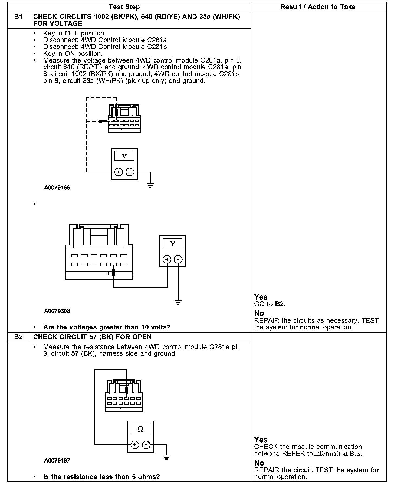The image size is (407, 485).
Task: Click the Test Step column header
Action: [x=124, y=7]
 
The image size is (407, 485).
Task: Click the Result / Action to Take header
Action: [x=318, y=7]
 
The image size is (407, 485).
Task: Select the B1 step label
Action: [x=18, y=17]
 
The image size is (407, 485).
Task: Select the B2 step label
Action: [x=18, y=337]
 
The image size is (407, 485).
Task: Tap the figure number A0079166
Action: [x=57, y=188]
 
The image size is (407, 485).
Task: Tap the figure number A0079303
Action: [x=57, y=311]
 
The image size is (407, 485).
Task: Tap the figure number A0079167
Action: [x=57, y=461]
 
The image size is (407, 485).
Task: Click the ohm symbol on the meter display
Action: [x=140, y=429]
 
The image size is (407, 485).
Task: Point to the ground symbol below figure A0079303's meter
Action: [x=178, y=303]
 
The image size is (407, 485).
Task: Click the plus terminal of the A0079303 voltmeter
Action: [x=167, y=259]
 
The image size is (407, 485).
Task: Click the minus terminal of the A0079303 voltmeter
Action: [x=178, y=259]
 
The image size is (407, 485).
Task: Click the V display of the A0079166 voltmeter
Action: [x=124, y=156]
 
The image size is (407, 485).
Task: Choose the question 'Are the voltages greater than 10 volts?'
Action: [x=107, y=327]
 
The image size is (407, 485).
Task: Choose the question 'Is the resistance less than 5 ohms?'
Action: [x=101, y=477]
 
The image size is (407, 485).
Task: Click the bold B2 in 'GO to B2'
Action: [x=279, y=304]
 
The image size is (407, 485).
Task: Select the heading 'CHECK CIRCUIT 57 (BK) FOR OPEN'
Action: [x=92, y=337]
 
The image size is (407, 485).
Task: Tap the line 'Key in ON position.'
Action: [x=73, y=54]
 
